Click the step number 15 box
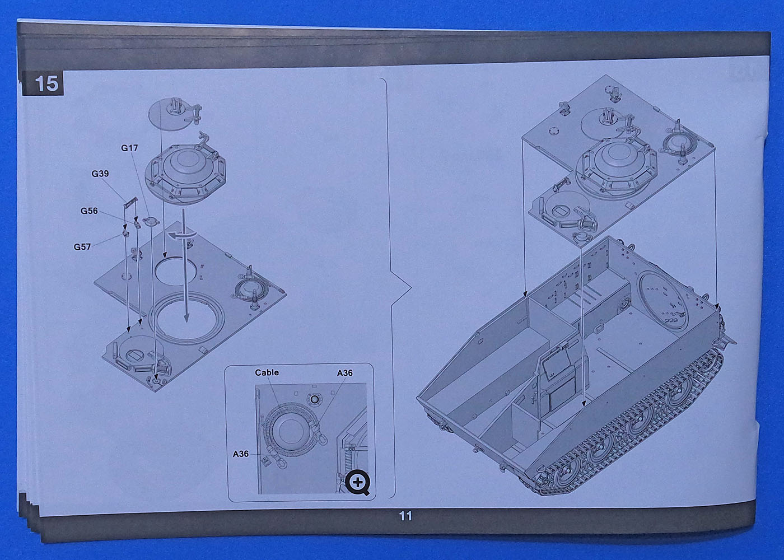pos(43,83)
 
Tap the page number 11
pos(405,516)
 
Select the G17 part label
pos(129,148)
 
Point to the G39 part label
pos(100,174)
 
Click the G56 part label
pos(89,211)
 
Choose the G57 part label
pos(82,247)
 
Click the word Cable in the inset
pos(267,372)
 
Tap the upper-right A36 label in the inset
pos(345,373)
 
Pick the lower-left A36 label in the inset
pos(241,454)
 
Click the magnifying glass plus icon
pos(357,483)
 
